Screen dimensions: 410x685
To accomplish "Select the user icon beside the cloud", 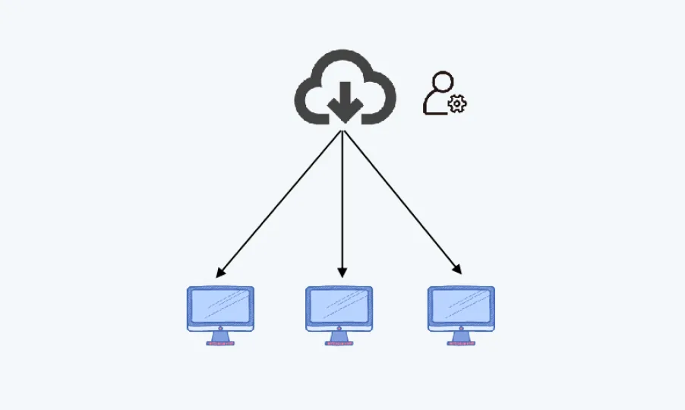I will click(444, 93).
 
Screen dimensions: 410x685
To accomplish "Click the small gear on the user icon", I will click(457, 105).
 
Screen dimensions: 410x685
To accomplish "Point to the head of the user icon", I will click(441, 81).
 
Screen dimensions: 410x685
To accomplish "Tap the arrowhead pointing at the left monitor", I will click(219, 273).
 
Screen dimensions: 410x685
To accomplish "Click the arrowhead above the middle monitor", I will click(342, 273).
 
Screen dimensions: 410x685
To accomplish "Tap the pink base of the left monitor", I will click(220, 343).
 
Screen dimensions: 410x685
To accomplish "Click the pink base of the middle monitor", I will click(339, 343).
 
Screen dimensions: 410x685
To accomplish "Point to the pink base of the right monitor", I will click(461, 343).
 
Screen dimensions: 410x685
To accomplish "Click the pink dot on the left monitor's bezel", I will click(220, 328).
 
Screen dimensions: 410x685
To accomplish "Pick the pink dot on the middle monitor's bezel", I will click(339, 328).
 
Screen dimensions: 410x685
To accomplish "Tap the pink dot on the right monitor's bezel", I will click(461, 328).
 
